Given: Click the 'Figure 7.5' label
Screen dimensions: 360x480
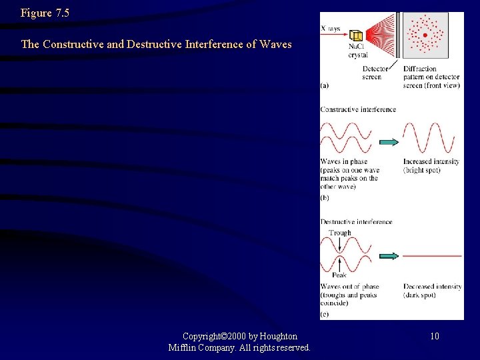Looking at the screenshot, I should pos(45,13).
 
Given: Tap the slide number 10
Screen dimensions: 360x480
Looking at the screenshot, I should pos(434,336).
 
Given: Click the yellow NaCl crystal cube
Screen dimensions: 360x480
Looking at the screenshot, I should pos(357,35).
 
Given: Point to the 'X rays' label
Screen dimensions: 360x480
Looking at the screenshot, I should pos(331,28).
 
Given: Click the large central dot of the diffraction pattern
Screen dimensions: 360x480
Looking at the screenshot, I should pos(425,35).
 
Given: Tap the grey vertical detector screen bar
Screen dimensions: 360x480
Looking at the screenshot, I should pos(397,36).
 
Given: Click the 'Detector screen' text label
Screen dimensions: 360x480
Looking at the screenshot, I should pos(372,73).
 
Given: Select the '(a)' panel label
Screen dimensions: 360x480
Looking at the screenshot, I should pos(324,85).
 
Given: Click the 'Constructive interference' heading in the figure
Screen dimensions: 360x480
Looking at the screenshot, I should pos(358,109).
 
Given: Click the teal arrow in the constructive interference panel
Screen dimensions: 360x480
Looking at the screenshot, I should pos(389,142).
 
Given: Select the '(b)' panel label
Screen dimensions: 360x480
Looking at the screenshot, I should pos(325,197).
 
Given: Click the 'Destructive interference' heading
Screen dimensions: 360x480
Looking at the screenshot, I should pos(356,221).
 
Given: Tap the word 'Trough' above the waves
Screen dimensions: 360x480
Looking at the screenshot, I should pos(340,233).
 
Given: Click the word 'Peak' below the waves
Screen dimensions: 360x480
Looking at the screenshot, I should pos(339,275).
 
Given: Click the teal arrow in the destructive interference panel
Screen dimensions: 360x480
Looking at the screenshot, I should pos(389,256).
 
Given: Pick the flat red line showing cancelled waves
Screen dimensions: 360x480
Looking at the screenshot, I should pos(432,256).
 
